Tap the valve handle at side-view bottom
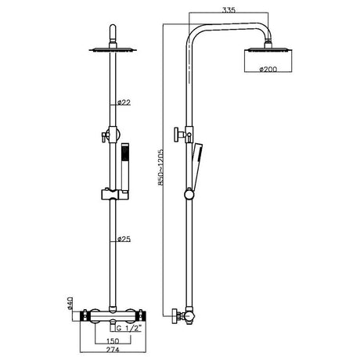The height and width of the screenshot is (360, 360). [176, 318]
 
